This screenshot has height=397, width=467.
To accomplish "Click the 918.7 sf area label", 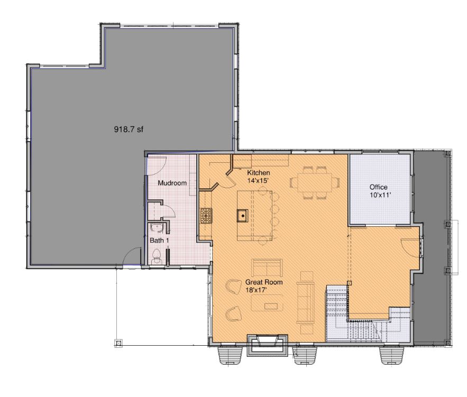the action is [x=129, y=129].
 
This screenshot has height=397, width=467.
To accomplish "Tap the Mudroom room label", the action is [x=172, y=183].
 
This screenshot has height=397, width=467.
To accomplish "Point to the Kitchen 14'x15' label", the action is [x=259, y=176].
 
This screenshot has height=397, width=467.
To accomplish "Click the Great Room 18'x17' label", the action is [x=264, y=285].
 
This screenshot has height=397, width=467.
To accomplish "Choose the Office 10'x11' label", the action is [x=379, y=191].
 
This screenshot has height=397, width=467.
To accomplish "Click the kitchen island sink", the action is [x=242, y=216].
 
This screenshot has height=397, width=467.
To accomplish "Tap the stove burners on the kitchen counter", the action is [x=206, y=215].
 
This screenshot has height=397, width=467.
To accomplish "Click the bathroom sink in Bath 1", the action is [x=156, y=228].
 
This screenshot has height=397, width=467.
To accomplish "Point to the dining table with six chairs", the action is [x=315, y=182].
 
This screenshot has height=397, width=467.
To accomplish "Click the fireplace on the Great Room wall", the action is [x=268, y=345].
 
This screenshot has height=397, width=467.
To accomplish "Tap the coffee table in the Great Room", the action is [x=267, y=303].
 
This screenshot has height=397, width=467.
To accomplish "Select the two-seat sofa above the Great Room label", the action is [x=267, y=267].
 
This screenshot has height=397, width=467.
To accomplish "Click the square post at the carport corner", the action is [x=118, y=344].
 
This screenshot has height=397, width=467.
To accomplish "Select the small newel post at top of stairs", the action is [x=350, y=283].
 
